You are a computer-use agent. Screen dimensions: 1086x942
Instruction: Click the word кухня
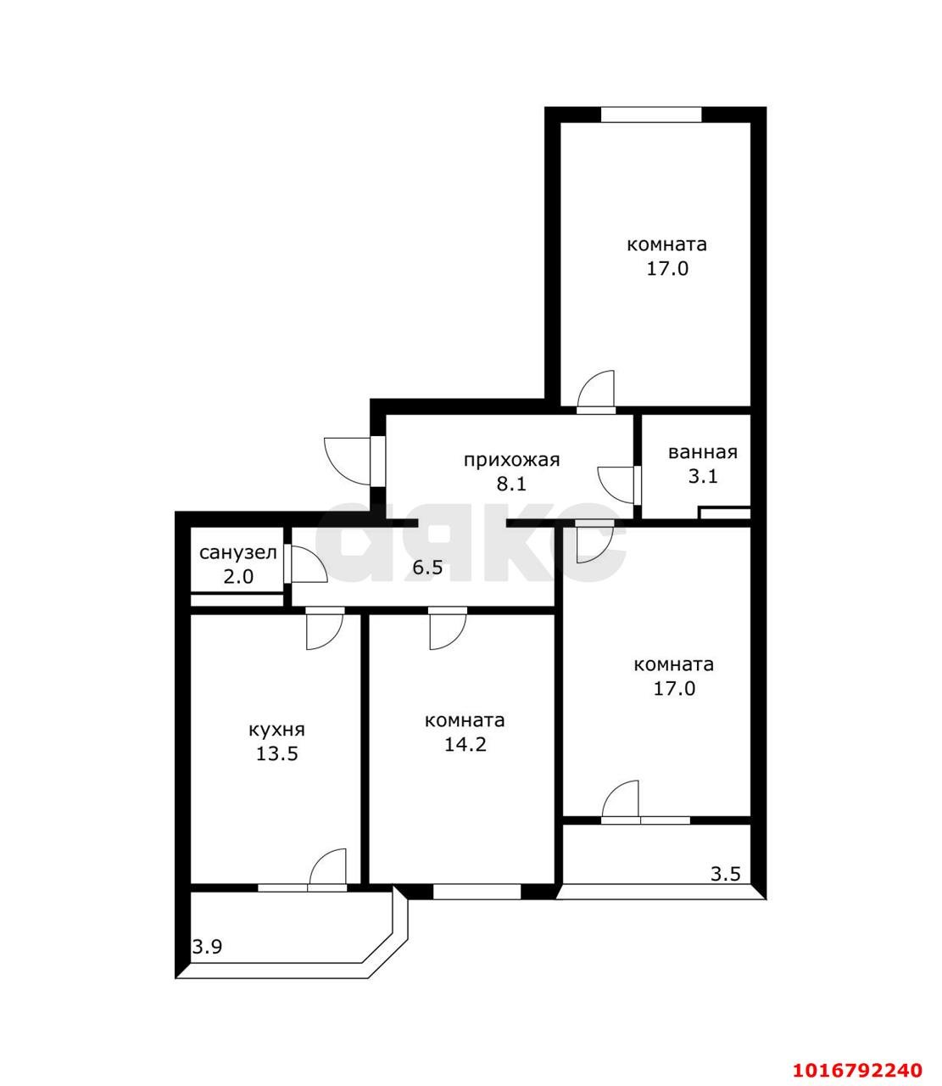276,730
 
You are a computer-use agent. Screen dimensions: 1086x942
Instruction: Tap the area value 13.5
276,753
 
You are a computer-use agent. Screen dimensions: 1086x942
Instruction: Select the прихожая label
511,460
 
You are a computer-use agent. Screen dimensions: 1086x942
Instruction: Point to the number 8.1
511,484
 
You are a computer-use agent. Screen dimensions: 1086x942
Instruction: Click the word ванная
702,452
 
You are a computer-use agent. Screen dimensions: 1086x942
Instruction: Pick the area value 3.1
702,476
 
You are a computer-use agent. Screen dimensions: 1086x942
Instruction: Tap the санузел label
237,553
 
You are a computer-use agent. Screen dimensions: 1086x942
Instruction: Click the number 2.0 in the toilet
237,577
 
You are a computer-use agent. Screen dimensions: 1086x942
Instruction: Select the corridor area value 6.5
427,568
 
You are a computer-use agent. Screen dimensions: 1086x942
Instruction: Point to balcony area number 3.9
207,947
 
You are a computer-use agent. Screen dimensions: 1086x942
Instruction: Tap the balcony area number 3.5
726,874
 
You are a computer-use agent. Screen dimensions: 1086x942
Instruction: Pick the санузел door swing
307,563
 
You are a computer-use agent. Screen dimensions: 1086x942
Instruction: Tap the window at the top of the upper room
651,115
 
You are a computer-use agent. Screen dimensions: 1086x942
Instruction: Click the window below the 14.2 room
477,892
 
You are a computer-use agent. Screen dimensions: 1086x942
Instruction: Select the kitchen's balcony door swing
329,867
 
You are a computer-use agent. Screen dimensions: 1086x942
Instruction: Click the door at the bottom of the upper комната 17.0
595,392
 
